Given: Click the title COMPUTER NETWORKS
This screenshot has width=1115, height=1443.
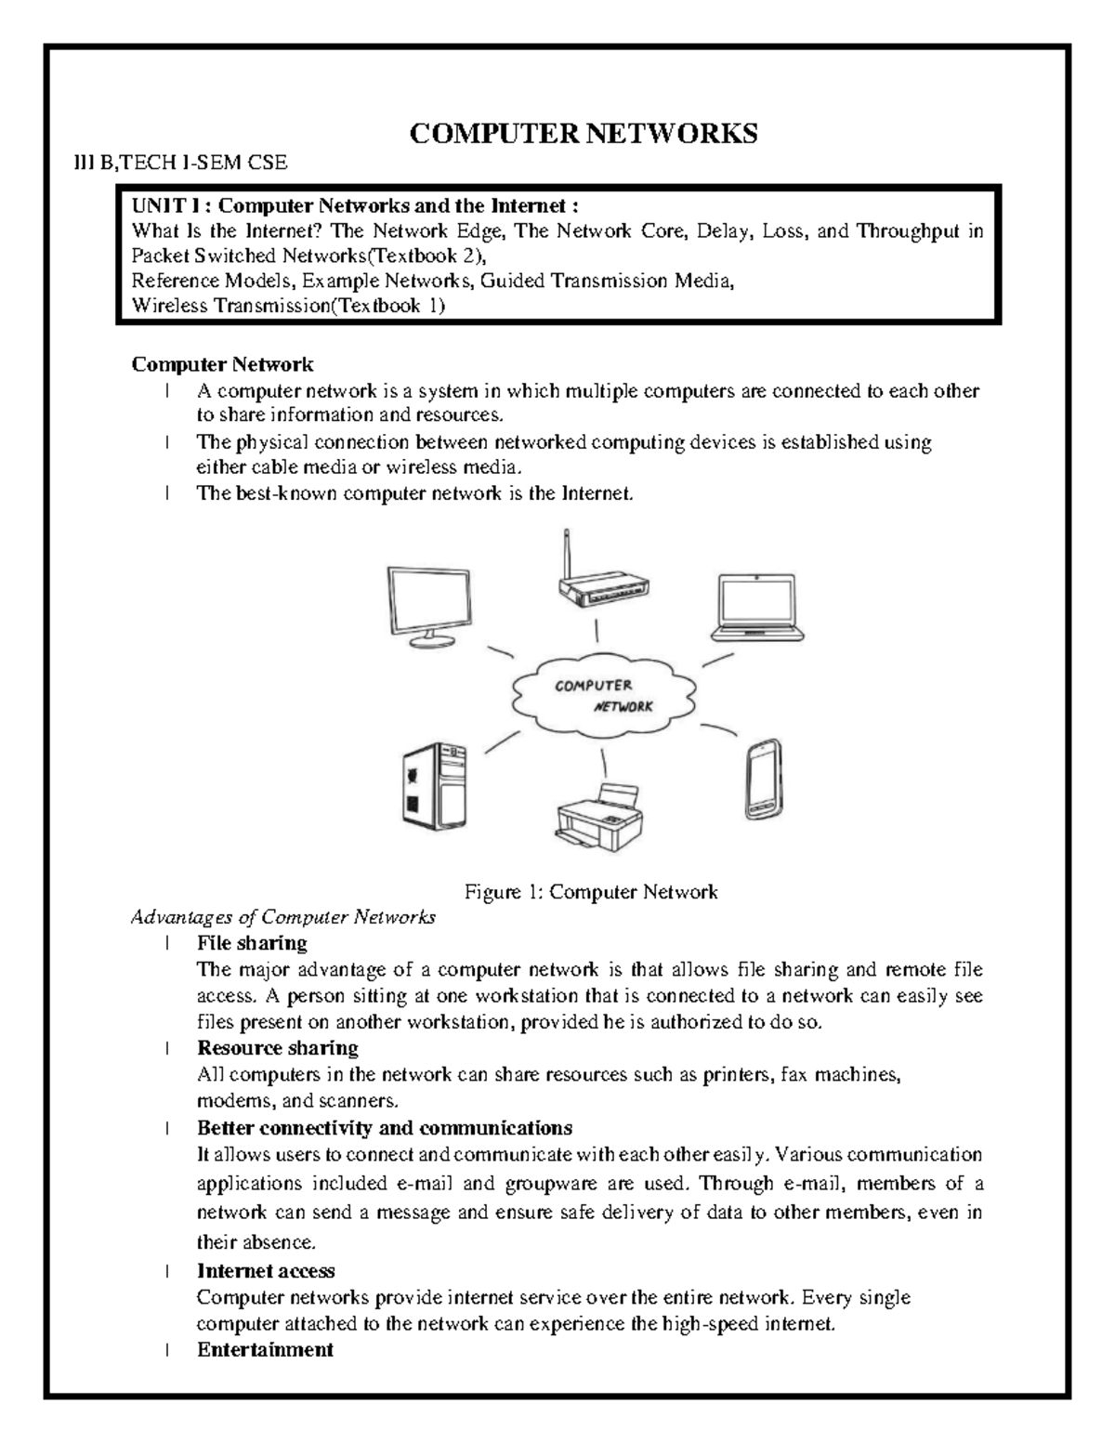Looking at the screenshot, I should coord(584,134).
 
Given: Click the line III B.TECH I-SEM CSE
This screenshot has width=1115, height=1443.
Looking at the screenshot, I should coord(180,164).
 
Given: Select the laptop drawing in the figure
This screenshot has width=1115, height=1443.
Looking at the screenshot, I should coord(756,609).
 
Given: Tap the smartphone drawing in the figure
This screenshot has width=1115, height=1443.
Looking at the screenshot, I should coord(763,779).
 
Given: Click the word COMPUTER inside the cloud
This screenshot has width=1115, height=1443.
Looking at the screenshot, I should coord(593,686).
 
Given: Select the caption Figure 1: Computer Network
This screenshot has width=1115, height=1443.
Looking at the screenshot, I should coord(591,892).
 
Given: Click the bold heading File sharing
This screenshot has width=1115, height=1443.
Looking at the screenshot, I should coord(252,943).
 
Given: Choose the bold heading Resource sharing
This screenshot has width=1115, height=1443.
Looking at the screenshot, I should coord(278,1048).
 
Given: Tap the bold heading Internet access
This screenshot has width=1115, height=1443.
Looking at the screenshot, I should coord(266,1270).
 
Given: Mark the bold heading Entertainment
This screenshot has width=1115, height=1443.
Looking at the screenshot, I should coord(265,1349).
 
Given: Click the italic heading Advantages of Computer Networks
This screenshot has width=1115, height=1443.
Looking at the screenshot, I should coord(283,917).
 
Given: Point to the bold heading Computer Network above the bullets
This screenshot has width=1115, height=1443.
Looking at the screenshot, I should coord(222,364).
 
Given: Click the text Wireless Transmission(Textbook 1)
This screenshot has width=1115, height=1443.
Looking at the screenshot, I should coord(288,307).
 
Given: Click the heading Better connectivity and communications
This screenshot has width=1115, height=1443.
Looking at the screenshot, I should coord(384,1128).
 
